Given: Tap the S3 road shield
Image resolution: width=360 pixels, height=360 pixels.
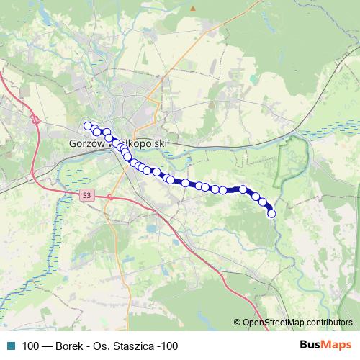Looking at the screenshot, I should (86, 194).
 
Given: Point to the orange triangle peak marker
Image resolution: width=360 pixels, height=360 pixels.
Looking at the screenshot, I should (193, 9).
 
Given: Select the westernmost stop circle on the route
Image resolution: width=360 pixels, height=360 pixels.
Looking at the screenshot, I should (88, 126).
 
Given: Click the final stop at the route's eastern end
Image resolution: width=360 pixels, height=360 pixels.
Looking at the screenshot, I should (271, 212).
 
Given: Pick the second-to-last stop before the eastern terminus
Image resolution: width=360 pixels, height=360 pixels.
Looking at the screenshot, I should (264, 202).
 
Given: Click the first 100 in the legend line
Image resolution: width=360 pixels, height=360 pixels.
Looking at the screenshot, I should (31, 346).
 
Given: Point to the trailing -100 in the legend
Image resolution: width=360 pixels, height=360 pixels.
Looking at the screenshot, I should (168, 346).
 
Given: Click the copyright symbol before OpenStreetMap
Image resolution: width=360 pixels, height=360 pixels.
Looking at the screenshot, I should (238, 323).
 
